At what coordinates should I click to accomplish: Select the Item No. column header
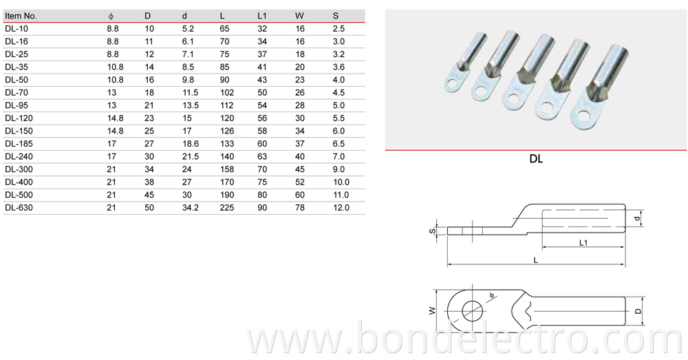click(x=21, y=15)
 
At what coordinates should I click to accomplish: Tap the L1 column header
click(x=261, y=15)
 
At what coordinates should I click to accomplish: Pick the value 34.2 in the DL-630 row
click(x=191, y=207)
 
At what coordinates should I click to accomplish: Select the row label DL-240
click(x=19, y=156)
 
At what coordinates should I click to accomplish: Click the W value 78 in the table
click(x=300, y=207)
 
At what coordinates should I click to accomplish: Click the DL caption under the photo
click(x=536, y=159)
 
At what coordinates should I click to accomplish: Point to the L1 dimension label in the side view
click(x=583, y=243)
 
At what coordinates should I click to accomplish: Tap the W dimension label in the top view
click(x=432, y=310)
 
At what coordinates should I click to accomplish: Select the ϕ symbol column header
click(x=111, y=15)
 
